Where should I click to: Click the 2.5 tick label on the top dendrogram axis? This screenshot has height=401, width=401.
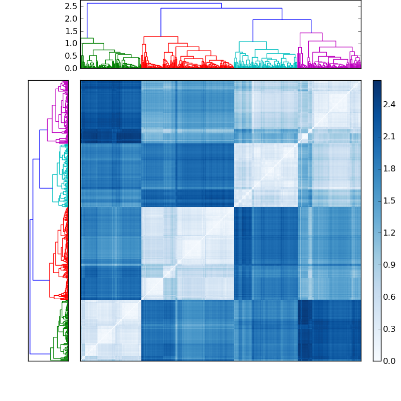coord(72,6)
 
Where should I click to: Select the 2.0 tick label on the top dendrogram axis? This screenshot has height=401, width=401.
coord(72,19)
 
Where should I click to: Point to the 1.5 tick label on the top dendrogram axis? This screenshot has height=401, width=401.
coord(72,31)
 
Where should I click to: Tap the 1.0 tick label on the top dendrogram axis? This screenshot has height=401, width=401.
coord(72,44)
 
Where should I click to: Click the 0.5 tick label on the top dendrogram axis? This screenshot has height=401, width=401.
coord(72,56)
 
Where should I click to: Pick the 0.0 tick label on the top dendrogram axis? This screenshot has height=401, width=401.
coord(72,68)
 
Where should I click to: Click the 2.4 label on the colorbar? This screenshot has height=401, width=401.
coord(389,104)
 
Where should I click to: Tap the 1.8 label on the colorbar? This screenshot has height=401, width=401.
coord(389,168)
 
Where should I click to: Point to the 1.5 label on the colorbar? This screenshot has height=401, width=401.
coord(389,200)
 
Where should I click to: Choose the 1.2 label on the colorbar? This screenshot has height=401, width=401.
coord(389,233)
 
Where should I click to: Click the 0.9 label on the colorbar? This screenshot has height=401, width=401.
coord(389,265)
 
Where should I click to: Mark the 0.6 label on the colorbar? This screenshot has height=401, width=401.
coord(389,297)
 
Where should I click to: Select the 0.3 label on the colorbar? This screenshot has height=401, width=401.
coord(389,329)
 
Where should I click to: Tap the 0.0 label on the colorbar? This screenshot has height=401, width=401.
coord(389,361)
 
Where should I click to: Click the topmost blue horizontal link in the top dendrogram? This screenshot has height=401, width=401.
coord(154,4)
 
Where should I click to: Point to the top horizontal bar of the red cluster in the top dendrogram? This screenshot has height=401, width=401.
coord(160,37)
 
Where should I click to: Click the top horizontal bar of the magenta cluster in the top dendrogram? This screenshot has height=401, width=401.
coord(310,33)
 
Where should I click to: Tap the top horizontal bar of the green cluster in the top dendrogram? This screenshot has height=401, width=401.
coord(87,39)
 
